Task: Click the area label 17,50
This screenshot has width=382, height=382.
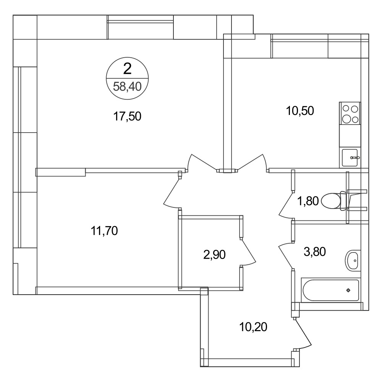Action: coord(127,117)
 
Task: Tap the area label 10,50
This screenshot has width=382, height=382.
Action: coord(300,111)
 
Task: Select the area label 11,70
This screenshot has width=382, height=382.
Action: coord(104,231)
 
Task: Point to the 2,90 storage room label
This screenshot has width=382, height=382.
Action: coord(214,255)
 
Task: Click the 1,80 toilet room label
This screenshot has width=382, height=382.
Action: coord(308,201)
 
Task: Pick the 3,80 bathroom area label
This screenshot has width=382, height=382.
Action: coord(315,252)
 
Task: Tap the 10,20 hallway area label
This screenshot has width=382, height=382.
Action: coord(253,327)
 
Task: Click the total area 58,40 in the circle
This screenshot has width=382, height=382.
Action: coord(127,86)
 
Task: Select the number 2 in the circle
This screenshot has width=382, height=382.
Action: coord(128,68)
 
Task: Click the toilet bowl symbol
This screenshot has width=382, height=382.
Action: coord(334,201)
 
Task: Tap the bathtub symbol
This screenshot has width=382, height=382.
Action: coord(331,290)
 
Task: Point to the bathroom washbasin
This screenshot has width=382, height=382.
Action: coord(353,261)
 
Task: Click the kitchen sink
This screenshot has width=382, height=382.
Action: coord(350,158)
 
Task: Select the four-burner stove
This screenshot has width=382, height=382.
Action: coord(350,114)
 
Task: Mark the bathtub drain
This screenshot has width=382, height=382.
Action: coord(348,290)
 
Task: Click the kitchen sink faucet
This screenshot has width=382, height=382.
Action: coord(355,158)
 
